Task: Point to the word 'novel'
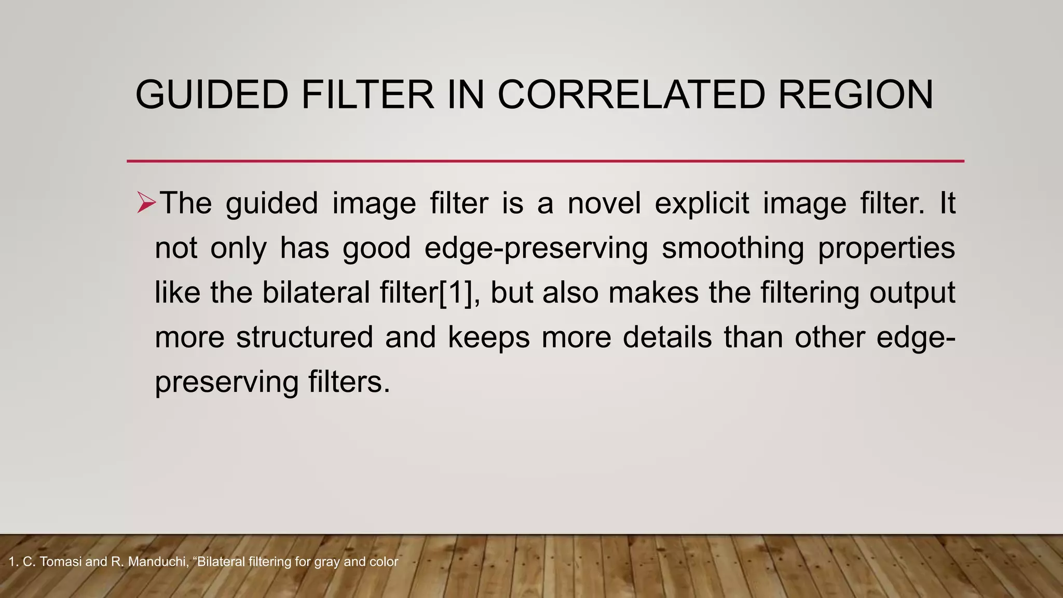coord(604,202)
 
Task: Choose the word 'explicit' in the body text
coord(702,202)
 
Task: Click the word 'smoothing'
coord(733,248)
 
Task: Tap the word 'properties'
coord(887,248)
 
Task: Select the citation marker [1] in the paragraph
coord(456,292)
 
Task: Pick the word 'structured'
coord(305,337)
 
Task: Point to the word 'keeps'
coord(488,337)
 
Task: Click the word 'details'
coord(667,337)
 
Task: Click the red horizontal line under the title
coord(545,161)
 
